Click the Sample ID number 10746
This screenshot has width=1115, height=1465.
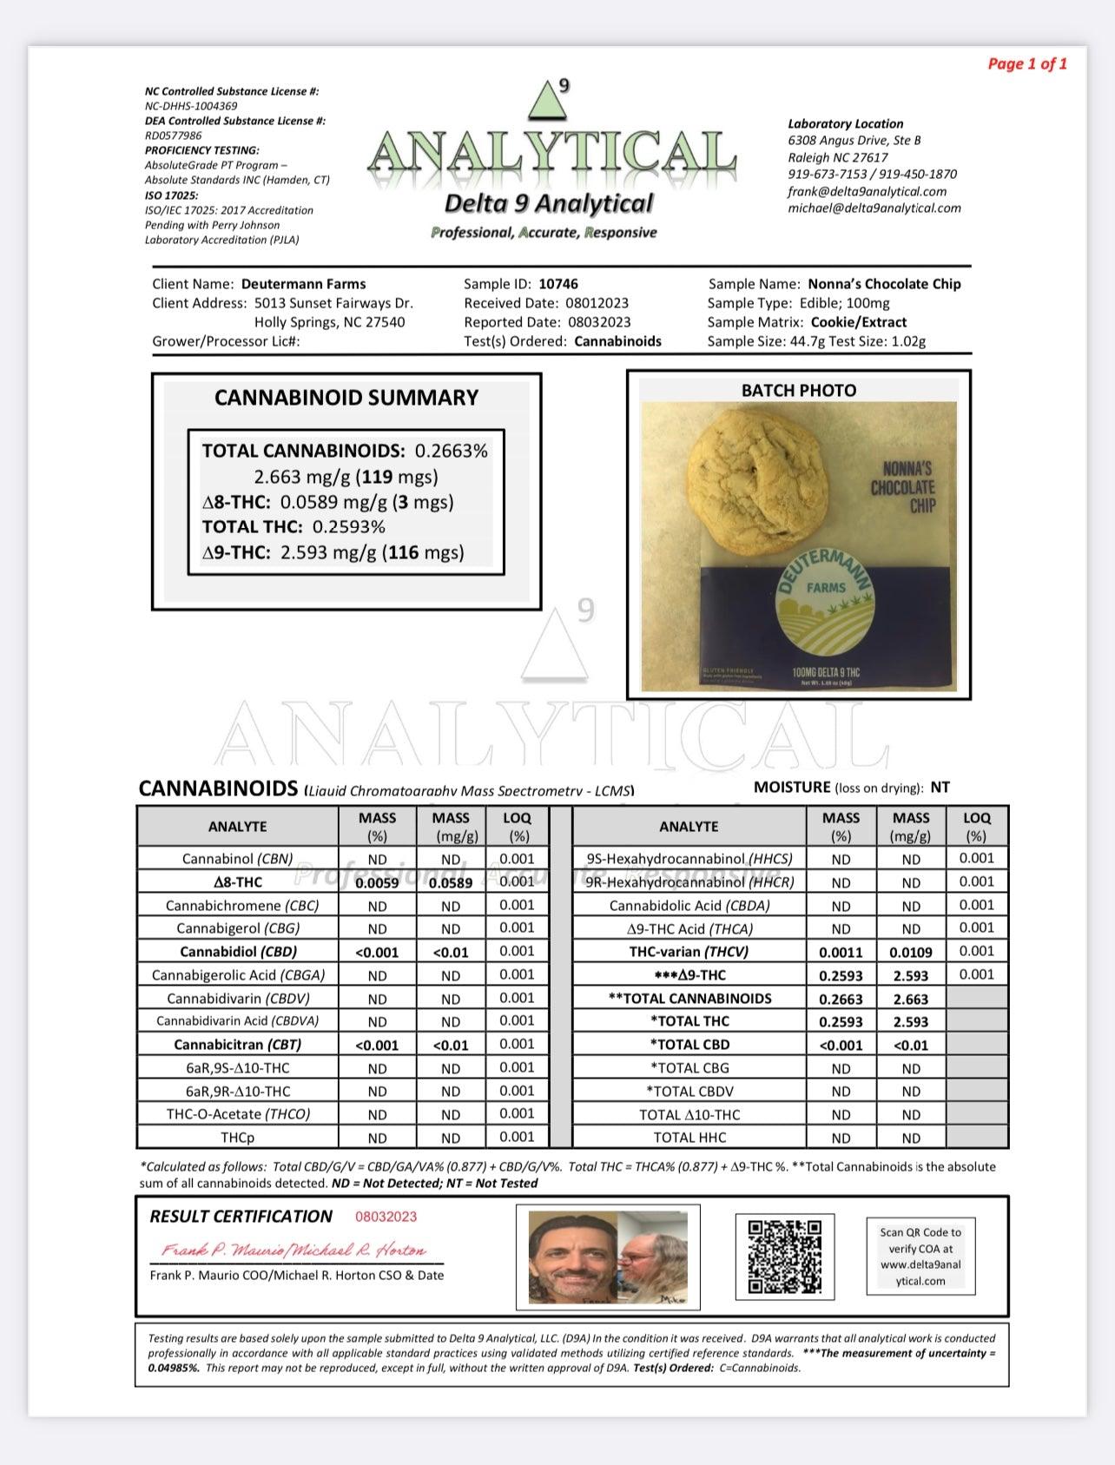(557, 284)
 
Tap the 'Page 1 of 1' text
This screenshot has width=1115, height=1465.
(1027, 63)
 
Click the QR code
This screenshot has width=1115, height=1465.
(784, 1256)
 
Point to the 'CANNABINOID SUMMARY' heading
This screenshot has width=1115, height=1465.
(346, 398)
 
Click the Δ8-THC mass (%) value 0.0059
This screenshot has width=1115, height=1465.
(377, 882)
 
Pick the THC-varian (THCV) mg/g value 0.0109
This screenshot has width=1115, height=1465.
(910, 952)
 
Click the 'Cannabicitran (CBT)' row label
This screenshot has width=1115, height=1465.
(237, 1045)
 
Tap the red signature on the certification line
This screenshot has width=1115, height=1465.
(294, 1251)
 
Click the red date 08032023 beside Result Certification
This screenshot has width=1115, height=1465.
(386, 1217)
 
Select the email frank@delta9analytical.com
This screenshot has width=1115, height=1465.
(867, 191)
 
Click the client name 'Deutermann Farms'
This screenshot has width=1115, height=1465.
(303, 284)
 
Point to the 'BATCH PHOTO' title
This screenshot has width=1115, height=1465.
(798, 391)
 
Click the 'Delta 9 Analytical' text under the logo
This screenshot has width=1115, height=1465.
(548, 204)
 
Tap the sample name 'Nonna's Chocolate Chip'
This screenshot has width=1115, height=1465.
(884, 284)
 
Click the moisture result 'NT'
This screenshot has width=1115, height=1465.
(940, 788)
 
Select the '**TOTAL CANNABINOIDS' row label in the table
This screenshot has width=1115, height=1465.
(689, 999)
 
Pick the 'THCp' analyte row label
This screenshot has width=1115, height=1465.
(237, 1138)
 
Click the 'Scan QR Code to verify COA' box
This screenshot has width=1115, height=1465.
(920, 1256)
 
